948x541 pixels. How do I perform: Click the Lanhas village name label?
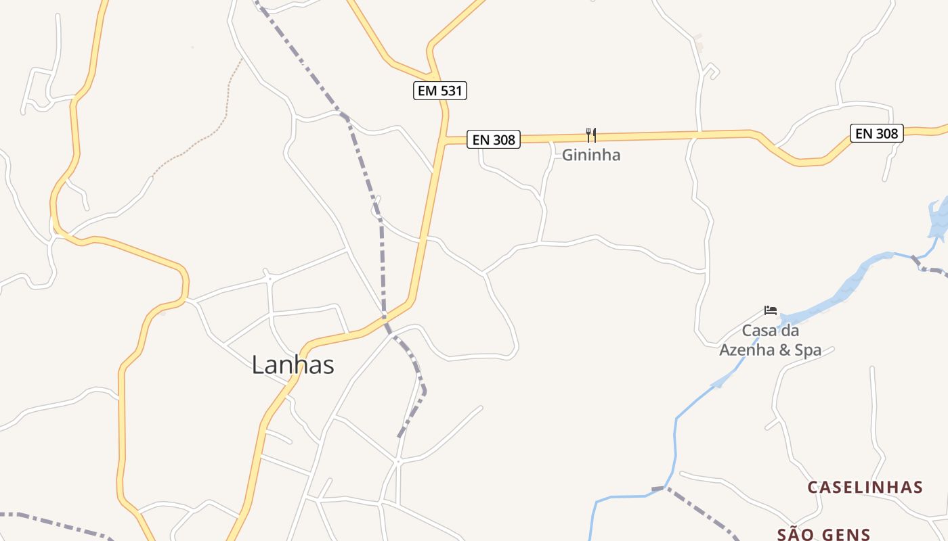coord(293,365)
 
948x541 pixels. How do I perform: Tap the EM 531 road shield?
coord(440,91)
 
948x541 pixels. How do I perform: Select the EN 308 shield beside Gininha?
coord(494,140)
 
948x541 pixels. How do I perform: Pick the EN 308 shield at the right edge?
coord(876,133)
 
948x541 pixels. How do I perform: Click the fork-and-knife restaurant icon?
coord(591,135)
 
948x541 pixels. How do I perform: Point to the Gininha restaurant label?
coord(591,155)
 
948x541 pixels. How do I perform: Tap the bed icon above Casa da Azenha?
coord(771,310)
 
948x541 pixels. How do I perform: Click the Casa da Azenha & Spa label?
coord(770,340)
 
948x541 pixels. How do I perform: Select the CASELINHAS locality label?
coord(865,488)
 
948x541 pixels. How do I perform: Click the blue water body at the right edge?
coord(939,216)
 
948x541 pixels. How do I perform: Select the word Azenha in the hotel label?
coord(744,350)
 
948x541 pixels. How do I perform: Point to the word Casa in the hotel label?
coord(758,331)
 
